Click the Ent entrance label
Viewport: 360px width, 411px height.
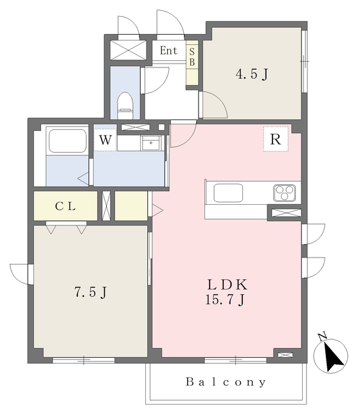point(168,50)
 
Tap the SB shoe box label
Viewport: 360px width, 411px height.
point(192,57)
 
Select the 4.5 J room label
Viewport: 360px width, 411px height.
point(252,74)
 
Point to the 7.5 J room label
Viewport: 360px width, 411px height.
point(91,292)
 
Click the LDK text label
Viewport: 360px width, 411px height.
point(228,284)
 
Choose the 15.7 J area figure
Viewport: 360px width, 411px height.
point(225,299)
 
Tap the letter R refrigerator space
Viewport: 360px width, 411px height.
point(276,139)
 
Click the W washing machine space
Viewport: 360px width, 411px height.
point(105,140)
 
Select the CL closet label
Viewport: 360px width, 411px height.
point(66,206)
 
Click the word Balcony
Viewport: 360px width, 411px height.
point(226,382)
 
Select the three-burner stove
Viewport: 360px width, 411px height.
point(284,193)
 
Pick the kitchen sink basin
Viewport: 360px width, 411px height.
point(228,193)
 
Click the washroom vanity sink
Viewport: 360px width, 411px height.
point(151,143)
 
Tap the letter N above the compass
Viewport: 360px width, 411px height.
point(322,336)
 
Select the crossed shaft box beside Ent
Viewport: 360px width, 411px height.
point(128,50)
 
